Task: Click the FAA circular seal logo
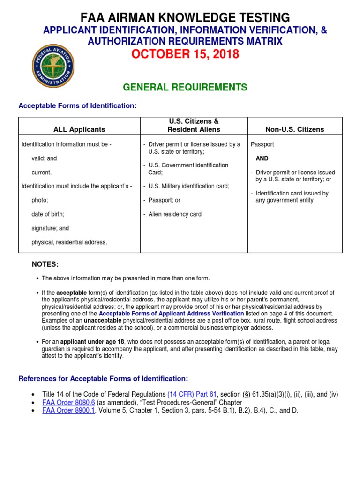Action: coord(53,66)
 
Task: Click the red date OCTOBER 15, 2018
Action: coord(185,54)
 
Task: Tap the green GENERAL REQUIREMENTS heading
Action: coord(185,87)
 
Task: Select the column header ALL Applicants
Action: coord(79,129)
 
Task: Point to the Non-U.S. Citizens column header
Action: coord(295,129)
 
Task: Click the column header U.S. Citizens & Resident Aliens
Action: coord(194,125)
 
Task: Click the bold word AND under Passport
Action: coord(262,158)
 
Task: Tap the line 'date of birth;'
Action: coord(48,214)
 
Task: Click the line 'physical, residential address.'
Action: coord(69,242)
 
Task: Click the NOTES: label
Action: coord(45,265)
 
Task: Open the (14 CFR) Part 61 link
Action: coord(192,394)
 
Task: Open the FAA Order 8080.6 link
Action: coord(68,402)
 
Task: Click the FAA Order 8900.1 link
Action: coord(68,410)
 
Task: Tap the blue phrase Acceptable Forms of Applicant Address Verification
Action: coord(171,313)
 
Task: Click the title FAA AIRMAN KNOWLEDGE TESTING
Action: coord(185,18)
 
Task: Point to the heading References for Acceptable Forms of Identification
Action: coord(103,378)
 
